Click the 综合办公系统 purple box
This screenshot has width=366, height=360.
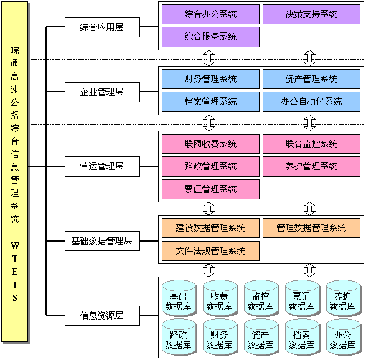(x=210, y=14)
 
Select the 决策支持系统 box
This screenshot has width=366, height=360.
(x=311, y=14)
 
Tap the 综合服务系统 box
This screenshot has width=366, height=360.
(x=210, y=37)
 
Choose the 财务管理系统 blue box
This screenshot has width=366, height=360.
(x=210, y=78)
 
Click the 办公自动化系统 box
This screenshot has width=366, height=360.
(x=311, y=102)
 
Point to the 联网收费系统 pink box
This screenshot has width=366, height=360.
(x=210, y=143)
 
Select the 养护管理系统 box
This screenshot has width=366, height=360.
(x=311, y=166)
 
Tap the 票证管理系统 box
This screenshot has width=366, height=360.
(x=210, y=189)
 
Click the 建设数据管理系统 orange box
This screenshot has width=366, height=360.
(x=210, y=228)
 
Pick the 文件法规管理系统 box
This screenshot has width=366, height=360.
(x=210, y=251)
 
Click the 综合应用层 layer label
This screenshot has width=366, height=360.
(x=102, y=27)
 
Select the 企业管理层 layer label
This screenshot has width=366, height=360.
(x=102, y=92)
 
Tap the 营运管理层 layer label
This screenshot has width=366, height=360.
(x=102, y=166)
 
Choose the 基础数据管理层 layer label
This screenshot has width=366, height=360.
(x=102, y=240)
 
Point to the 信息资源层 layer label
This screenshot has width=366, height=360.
(x=102, y=315)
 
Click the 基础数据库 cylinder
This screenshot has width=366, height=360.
(x=178, y=301)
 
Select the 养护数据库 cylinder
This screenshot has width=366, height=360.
(x=342, y=301)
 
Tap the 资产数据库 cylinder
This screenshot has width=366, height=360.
(x=260, y=338)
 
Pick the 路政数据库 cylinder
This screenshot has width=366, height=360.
(x=178, y=338)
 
